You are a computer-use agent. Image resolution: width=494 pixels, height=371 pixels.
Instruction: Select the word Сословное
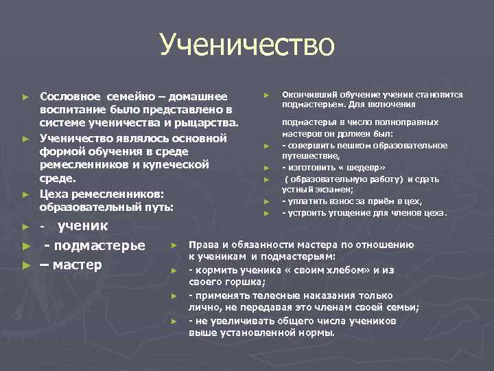pos(71,95)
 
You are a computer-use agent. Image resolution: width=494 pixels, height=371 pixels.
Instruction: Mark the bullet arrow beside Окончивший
pos(266,95)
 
